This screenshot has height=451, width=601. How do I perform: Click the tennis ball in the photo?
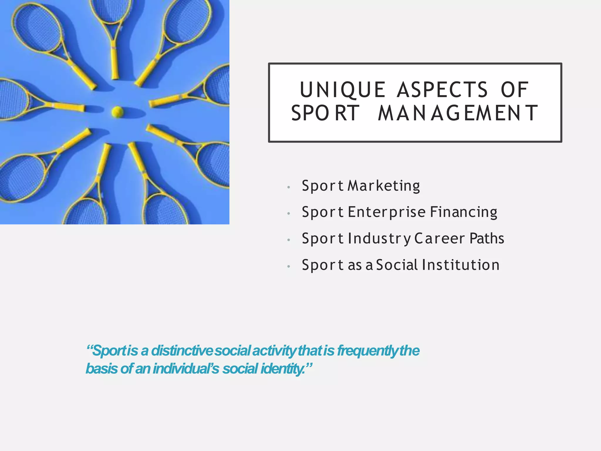[117, 112]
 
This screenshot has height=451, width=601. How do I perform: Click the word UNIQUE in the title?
[342, 90]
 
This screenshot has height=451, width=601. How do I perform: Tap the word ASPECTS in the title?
[443, 90]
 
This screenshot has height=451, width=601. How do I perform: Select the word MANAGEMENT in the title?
[458, 113]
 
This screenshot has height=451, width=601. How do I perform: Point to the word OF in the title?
[515, 90]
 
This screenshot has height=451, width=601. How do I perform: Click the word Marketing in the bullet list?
[384, 186]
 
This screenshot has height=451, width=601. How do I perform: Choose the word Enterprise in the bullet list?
[387, 212]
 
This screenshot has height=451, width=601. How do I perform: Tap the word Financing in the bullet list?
[464, 212]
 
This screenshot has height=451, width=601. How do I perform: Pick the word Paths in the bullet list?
[487, 238]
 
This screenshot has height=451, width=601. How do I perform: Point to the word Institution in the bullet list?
[461, 265]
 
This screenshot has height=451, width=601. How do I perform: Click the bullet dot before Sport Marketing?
[289, 187]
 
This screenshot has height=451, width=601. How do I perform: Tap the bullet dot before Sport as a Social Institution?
[289, 266]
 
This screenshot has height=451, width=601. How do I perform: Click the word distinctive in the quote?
[182, 351]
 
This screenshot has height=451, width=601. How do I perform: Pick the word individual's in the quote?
[186, 369]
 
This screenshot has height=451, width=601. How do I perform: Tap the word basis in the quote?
[102, 369]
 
